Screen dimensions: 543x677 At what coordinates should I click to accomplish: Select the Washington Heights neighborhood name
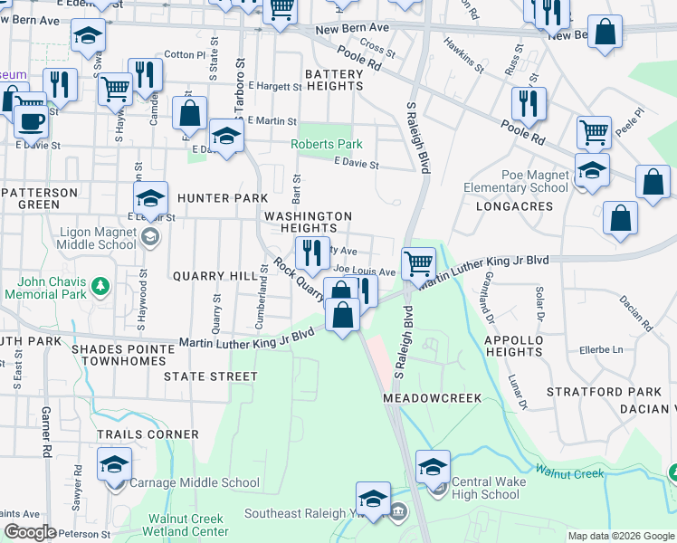pyautogui.click(x=307, y=223)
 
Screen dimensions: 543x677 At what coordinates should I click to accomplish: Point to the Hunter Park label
pyautogui.click(x=222, y=198)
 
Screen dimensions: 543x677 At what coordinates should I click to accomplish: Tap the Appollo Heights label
pyautogui.click(x=525, y=347)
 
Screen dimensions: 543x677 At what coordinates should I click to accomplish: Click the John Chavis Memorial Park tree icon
pyautogui.click(x=101, y=287)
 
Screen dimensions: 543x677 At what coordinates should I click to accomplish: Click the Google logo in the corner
pyautogui.click(x=30, y=533)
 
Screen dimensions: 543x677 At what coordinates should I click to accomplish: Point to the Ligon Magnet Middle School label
pyautogui.click(x=98, y=238)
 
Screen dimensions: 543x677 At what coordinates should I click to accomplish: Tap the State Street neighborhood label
pyautogui.click(x=211, y=375)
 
